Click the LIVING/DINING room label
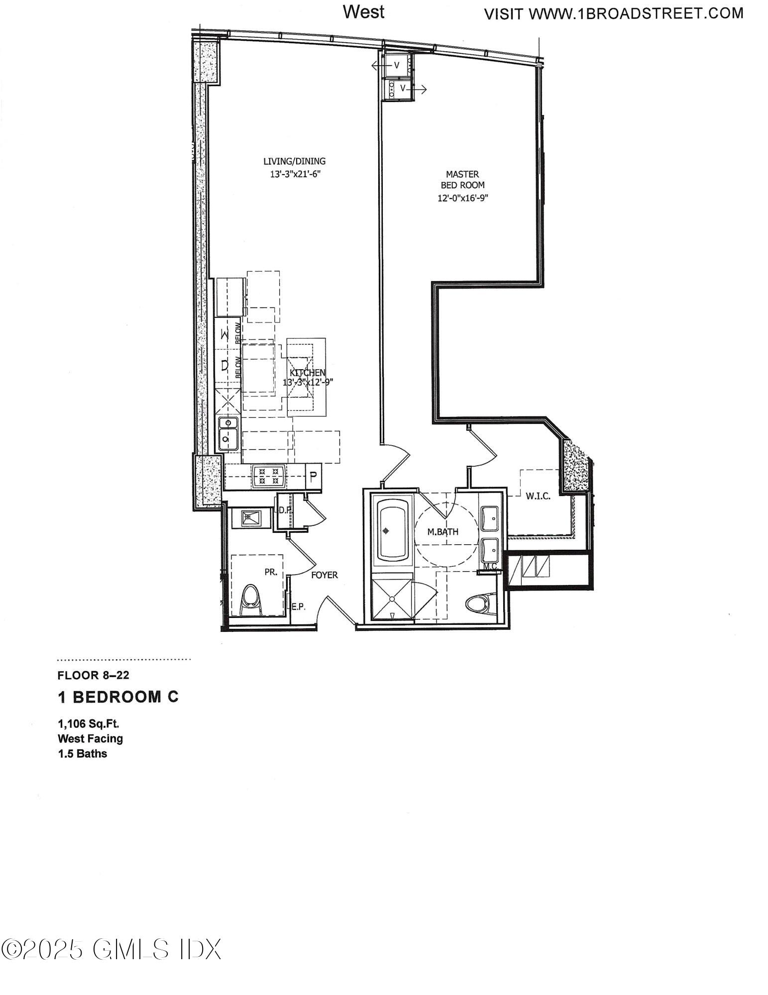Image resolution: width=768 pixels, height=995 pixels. point(294,161)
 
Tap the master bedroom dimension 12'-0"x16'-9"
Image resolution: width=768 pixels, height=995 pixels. point(463,198)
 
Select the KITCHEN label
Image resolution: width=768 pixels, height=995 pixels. point(308,373)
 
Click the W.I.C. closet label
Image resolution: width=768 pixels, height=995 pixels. point(538,496)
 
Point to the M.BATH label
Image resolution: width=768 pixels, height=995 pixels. point(443,532)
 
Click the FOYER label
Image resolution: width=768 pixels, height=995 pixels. point(325,575)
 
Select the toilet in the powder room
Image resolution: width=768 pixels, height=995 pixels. point(251,600)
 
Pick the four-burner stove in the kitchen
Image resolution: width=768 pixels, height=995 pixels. point(268,476)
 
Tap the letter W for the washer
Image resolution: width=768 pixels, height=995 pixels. point(225,335)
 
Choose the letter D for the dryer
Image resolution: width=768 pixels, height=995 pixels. point(225,366)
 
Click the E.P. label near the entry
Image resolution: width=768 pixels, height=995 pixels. point(298,607)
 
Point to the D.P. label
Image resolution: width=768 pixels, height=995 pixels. point(285,510)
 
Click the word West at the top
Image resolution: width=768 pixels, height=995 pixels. point(363,12)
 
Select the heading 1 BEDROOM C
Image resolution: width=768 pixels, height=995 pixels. point(118,697)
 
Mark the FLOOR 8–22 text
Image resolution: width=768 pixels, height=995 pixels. point(94,675)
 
